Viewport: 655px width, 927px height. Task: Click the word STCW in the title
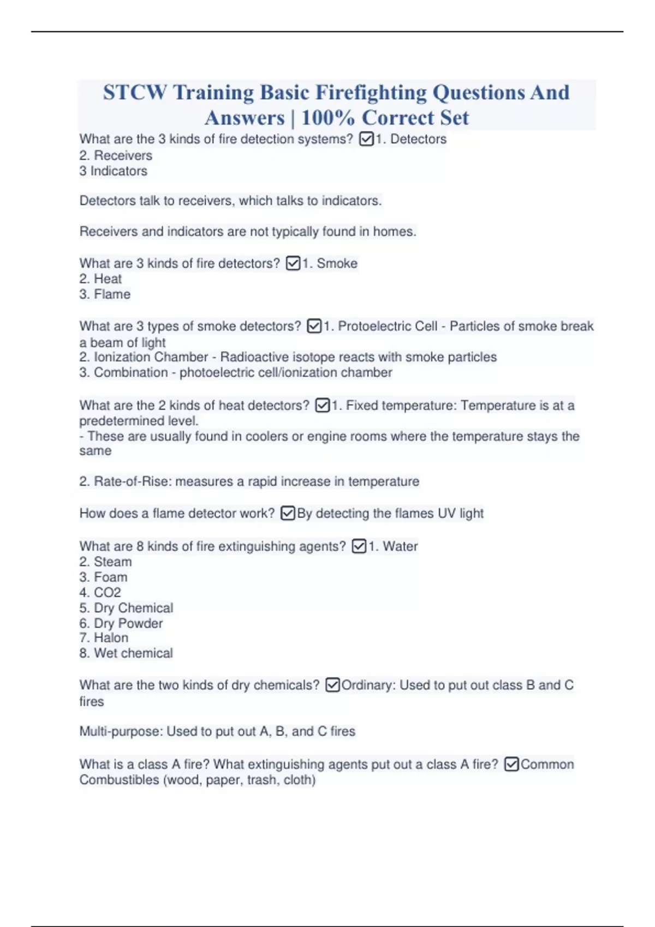point(135,93)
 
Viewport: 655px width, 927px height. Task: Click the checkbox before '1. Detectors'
point(366,140)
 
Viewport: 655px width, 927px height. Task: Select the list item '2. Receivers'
point(116,155)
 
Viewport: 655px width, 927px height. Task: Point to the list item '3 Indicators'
point(114,171)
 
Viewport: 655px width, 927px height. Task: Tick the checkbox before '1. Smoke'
point(293,263)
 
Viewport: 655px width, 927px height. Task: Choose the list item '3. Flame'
point(105,294)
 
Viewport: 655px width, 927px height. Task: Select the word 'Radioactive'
point(255,357)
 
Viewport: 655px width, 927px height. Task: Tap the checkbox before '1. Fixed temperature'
point(323,406)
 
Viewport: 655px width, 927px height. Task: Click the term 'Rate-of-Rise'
point(131,481)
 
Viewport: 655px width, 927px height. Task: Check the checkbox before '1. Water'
point(359,546)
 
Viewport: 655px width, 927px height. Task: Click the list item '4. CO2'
point(100,593)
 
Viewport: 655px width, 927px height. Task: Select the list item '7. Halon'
point(104,638)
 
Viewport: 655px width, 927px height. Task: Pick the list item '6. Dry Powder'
point(121,623)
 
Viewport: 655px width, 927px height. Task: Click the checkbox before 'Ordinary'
point(332,685)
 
